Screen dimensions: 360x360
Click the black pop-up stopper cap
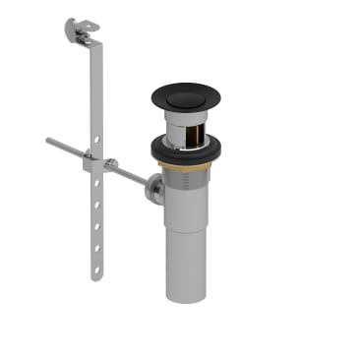[x=185, y=96]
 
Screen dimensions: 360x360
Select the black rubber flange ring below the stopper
[x=185, y=149]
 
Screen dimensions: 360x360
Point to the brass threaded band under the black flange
[x=186, y=166]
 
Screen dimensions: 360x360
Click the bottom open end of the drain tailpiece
[x=186, y=297]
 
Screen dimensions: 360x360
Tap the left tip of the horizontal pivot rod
[x=48, y=142]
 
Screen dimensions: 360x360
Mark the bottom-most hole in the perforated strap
[x=97, y=263]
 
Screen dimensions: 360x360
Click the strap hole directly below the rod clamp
[x=95, y=187]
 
